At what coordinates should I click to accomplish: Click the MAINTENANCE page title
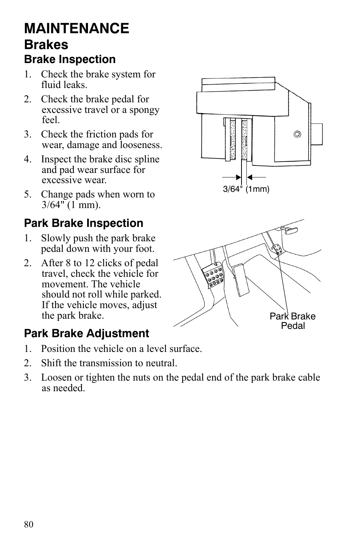pyautogui.click(x=77, y=29)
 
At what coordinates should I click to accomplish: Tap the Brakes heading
pyautogui.click(x=46, y=45)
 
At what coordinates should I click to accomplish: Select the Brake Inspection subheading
pyautogui.click(x=70, y=60)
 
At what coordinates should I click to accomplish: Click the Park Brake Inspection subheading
pyautogui.click(x=83, y=223)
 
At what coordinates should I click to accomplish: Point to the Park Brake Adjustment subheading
pyautogui.click(x=86, y=333)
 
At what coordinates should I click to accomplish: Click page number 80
pyautogui.click(x=29, y=524)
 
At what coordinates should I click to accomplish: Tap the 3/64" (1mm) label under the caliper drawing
pyautogui.click(x=246, y=189)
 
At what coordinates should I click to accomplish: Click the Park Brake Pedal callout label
pyautogui.click(x=292, y=321)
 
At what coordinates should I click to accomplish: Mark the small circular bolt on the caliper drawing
pyautogui.click(x=297, y=134)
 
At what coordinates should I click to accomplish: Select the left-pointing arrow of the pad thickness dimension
pyautogui.click(x=256, y=177)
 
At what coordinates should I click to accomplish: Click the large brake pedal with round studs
pyautogui.click(x=213, y=278)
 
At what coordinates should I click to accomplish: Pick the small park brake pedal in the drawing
pyautogui.click(x=277, y=249)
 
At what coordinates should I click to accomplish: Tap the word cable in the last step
pyautogui.click(x=308, y=378)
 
